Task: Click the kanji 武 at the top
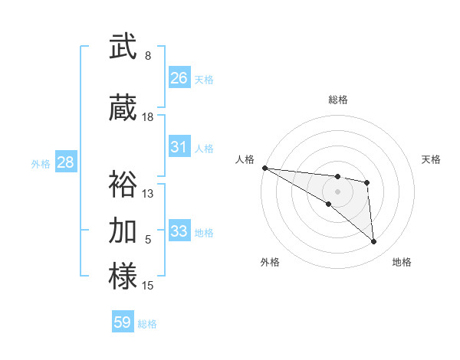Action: tap(123, 47)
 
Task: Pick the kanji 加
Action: tap(123, 230)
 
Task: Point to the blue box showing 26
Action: tap(179, 78)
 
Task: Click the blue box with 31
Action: tap(179, 148)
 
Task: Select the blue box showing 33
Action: tap(179, 231)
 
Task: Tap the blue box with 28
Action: tap(65, 162)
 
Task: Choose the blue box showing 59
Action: tap(123, 322)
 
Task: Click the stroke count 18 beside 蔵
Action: tap(148, 117)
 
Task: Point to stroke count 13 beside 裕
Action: tap(148, 194)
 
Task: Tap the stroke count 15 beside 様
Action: tap(148, 286)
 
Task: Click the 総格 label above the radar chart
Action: tap(337, 100)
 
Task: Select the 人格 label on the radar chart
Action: tap(245, 159)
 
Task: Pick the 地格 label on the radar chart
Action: tap(402, 262)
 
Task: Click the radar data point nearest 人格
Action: tap(264, 168)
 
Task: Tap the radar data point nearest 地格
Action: tap(374, 242)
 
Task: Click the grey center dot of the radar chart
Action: tap(337, 191)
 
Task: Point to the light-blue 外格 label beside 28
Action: tap(41, 163)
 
